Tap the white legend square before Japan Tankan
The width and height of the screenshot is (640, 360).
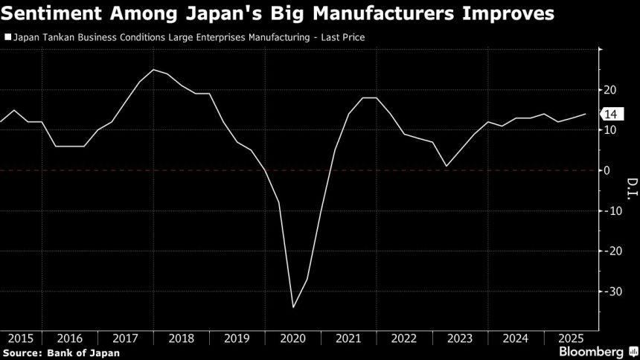tap(7, 36)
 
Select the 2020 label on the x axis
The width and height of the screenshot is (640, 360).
tap(294, 337)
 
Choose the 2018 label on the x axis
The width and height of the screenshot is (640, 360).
tap(182, 337)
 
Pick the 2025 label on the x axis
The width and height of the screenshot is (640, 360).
tap(572, 337)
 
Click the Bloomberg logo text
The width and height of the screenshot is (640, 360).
tap(592, 350)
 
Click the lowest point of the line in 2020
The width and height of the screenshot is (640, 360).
tap(293, 307)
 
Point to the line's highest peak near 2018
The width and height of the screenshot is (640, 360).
tap(153, 70)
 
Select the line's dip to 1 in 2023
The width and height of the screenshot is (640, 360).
tap(446, 166)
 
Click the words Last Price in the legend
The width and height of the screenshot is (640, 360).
tap(342, 36)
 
